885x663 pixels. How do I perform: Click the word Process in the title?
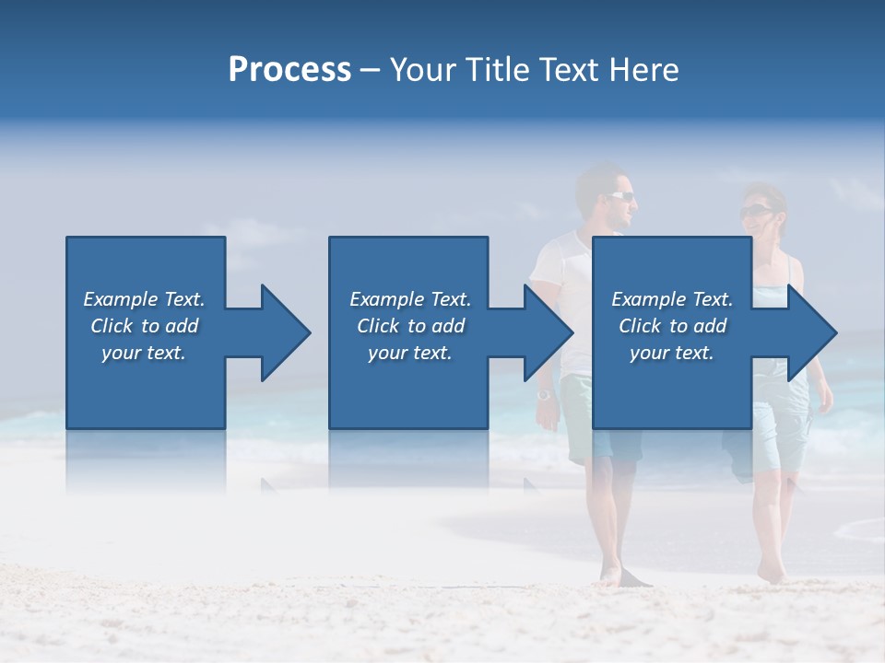(289, 70)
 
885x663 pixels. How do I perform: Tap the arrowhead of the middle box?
(548, 332)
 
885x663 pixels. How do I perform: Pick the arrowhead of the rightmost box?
(811, 332)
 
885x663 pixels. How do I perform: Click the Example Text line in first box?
(144, 299)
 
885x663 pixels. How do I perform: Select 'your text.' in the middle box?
(409, 353)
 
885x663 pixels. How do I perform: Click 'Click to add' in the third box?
(672, 326)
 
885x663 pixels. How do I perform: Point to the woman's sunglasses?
(756, 212)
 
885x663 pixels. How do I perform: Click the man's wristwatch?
(544, 394)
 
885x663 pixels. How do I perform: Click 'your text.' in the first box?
(144, 353)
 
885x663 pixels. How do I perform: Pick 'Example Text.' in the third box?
(672, 299)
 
